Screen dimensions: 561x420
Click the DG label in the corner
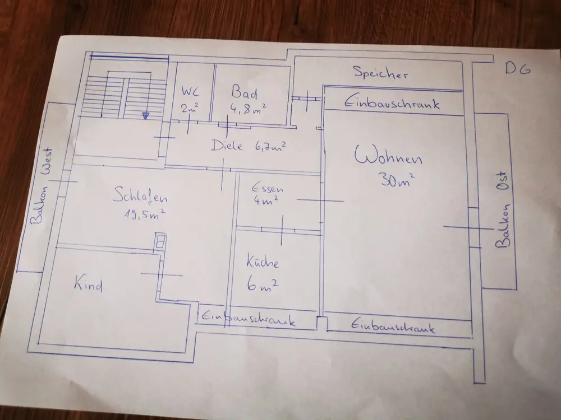point(518,68)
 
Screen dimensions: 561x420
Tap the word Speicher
point(381,72)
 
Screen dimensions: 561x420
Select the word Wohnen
point(388,156)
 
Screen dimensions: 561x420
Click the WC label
point(190,91)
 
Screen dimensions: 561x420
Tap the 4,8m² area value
point(248,109)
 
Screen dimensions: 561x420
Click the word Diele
point(227,146)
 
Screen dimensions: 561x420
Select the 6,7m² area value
point(270,146)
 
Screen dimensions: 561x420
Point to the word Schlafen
point(140,196)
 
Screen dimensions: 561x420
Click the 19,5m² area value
point(145,214)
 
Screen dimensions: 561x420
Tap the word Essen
point(268,188)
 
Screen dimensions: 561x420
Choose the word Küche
point(263,261)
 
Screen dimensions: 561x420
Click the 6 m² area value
point(262,285)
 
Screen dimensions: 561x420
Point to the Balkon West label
point(42,186)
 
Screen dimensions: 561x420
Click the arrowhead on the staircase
point(145,115)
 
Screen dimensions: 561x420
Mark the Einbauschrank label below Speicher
point(392,103)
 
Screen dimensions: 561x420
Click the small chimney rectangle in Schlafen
point(160,241)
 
